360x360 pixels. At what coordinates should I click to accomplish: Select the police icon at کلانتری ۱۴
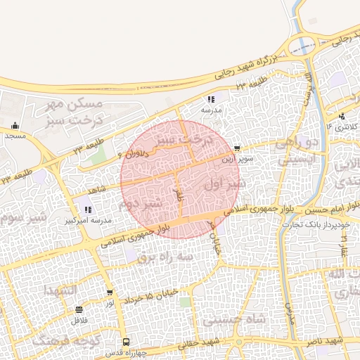coord(341,117)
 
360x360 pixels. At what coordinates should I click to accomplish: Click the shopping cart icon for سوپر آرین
coord(238,148)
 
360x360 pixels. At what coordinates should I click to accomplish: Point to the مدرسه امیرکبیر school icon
coord(87,209)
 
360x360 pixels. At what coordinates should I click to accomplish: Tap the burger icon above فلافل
coord(77,310)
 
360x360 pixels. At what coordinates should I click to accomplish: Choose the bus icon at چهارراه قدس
coord(125,340)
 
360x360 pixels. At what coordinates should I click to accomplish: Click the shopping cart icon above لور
coord(110,292)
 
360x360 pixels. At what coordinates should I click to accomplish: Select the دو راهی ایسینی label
coord(298,151)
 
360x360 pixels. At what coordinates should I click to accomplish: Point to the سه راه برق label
coord(164,258)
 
